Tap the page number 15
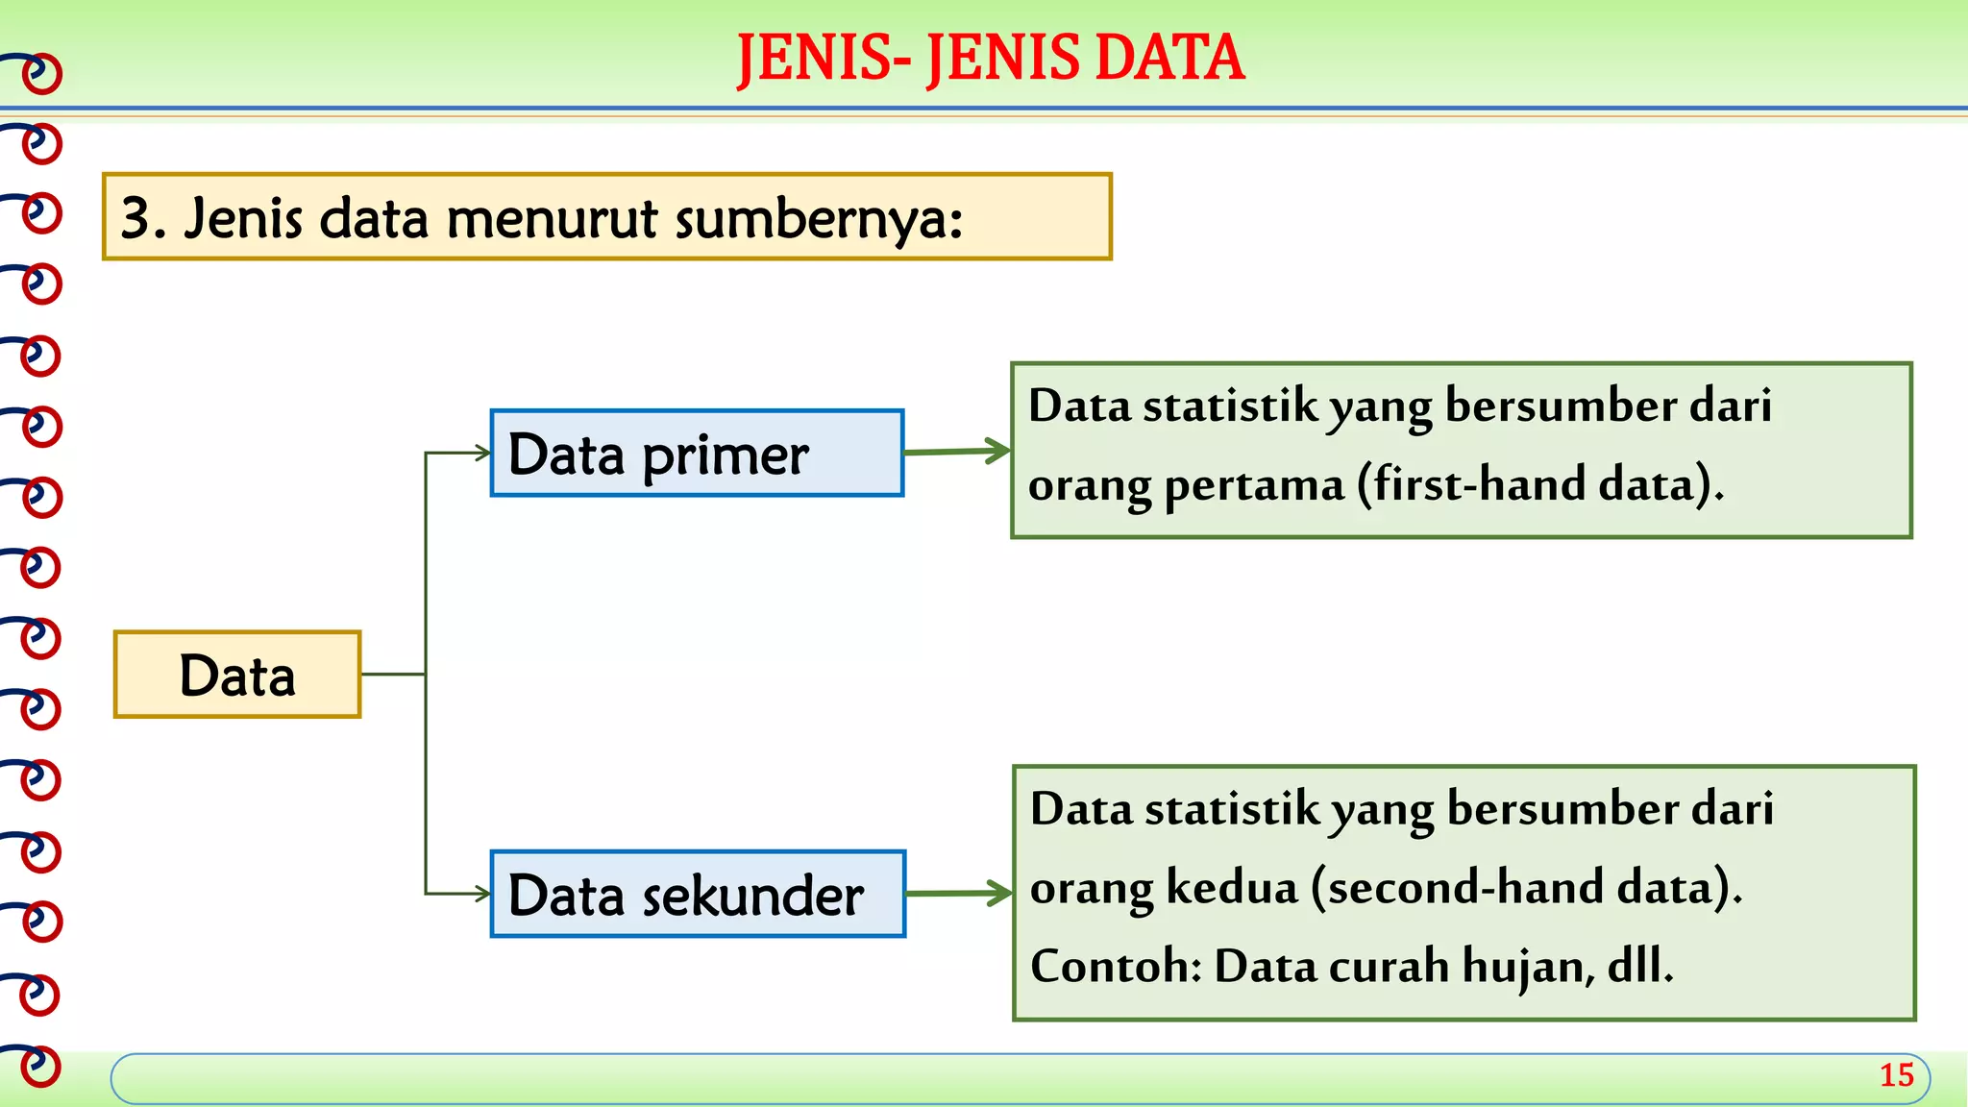(x=1896, y=1075)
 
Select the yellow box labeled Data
(x=237, y=675)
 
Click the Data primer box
(x=697, y=454)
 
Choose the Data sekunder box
(x=698, y=894)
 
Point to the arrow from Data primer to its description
(x=957, y=451)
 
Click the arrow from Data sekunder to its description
(x=959, y=893)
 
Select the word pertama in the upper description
(x=1254, y=484)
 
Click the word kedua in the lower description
(x=1232, y=887)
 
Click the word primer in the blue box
(x=726, y=455)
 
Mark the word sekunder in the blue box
(x=752, y=896)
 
